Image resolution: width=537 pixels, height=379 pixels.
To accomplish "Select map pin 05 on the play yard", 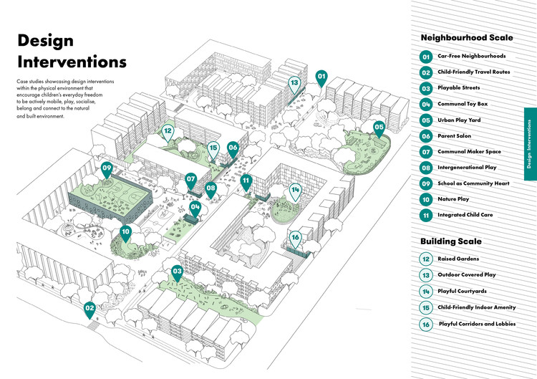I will (379, 128).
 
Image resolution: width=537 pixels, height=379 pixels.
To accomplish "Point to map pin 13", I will (294, 83).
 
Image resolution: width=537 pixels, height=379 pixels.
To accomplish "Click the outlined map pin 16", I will (295, 238).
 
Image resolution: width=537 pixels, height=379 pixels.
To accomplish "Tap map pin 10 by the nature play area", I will (126, 232).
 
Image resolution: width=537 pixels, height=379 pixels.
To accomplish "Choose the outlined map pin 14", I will (295, 191).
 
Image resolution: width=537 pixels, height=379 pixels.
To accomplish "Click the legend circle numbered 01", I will (425, 56).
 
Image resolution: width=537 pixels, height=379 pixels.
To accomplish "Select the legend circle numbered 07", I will (425, 151).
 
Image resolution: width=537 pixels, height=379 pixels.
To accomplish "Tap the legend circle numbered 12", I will (425, 259).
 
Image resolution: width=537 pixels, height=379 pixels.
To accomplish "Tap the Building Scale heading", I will (450, 241).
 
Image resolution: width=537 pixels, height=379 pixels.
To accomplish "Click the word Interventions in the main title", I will (72, 61).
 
